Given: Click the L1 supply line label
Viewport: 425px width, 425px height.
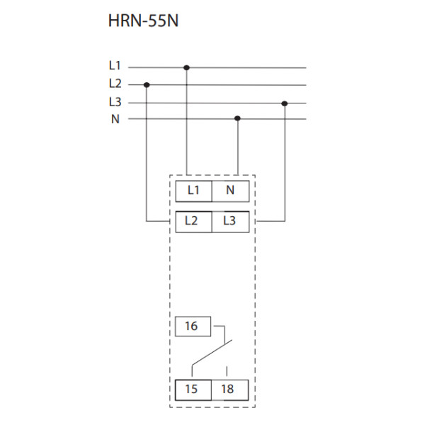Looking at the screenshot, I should pos(115,65).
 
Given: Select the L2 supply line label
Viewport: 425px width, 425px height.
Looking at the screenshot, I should pos(115,83).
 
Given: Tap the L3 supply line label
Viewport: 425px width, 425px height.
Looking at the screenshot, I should pos(115,101).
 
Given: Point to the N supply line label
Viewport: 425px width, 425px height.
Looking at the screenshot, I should pos(115,119).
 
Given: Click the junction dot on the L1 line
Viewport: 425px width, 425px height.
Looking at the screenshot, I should pos(186,68).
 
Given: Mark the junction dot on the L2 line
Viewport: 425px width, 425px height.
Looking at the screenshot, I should pos(147,85).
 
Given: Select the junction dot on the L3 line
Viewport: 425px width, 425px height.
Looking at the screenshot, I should pos(285,103).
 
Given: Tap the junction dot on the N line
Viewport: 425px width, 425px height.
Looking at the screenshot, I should pos(237,119).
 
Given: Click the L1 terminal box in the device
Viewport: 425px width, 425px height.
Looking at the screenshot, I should pos(193,191).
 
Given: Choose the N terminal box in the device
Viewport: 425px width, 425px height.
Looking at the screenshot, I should pos(229,191).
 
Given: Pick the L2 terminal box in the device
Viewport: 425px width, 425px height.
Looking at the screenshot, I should pos(191,221).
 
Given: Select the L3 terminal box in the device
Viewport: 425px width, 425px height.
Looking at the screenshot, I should pos(229,221).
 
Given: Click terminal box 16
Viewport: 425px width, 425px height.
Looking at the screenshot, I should pos(191,327).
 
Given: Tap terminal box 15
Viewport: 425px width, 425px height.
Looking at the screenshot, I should pos(191,390).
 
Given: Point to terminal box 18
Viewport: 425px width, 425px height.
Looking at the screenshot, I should pos(228,390).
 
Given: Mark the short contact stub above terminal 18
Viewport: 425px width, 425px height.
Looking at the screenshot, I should pos(227,371).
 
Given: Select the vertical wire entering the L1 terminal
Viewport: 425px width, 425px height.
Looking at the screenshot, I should pos(186,127).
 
